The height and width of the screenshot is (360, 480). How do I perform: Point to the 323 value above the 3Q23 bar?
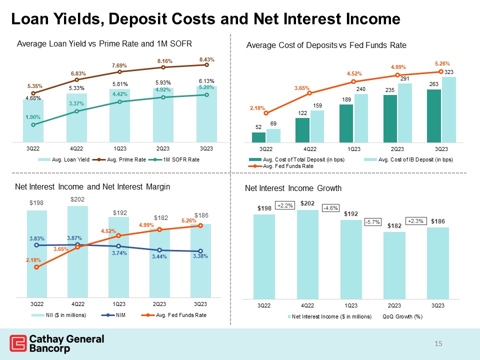click(x=449, y=72)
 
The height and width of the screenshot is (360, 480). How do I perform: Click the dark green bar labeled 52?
click(x=258, y=137)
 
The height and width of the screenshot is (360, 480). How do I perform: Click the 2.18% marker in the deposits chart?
click(x=266, y=113)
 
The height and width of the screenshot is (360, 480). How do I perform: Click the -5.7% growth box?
click(x=371, y=221)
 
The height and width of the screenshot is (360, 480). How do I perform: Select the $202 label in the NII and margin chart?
click(x=77, y=199)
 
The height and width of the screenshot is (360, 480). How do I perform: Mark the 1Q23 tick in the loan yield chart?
click(x=119, y=149)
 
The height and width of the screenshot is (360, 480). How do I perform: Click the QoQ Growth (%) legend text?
click(x=403, y=316)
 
